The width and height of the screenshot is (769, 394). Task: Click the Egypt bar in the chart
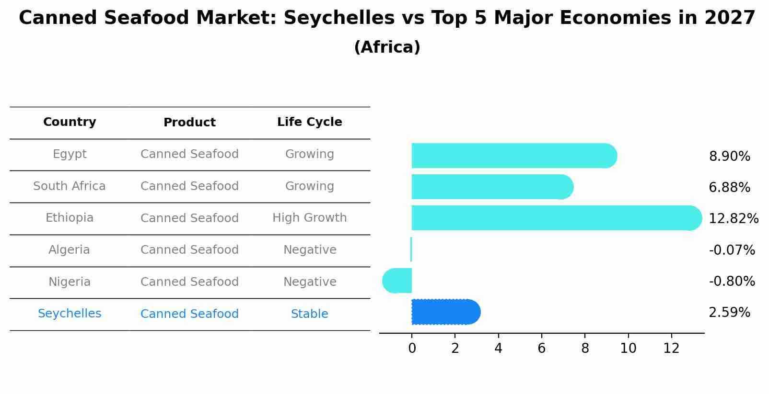coord(513,156)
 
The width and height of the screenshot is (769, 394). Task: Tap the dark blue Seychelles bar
coord(445,312)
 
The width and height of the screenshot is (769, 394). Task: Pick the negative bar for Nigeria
coord(397,281)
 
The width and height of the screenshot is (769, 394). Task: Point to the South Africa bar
coord(492,187)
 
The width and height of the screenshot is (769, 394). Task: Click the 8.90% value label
coord(729,157)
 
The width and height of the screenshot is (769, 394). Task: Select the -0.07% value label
coord(732,250)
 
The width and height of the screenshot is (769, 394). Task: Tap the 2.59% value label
coord(729,313)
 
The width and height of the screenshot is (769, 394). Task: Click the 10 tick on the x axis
coord(628,349)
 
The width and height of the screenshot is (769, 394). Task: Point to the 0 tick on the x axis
coord(412,349)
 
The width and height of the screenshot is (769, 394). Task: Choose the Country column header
coord(70,122)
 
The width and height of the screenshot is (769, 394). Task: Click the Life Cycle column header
coord(309,122)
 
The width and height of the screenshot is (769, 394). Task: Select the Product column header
coord(189,123)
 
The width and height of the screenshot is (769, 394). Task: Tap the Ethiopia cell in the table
coord(70,218)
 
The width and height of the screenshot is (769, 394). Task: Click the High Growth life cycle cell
coord(309,218)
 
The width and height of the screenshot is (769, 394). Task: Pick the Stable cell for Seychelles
coord(309,314)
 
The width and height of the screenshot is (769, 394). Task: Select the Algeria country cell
coord(69,250)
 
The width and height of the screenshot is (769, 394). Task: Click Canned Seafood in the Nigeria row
coord(189,282)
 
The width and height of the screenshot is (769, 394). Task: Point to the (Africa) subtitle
coord(387,47)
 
